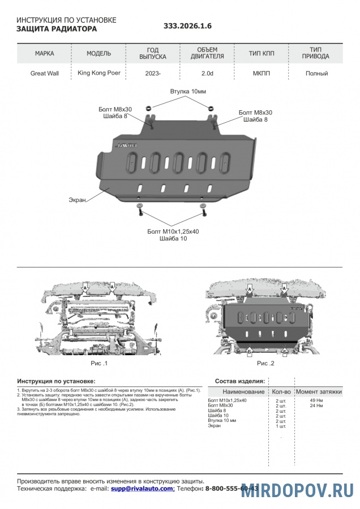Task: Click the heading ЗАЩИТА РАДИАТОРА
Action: point(57,29)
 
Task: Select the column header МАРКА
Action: point(45,54)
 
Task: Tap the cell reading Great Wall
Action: point(45,74)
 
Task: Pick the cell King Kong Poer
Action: point(98,73)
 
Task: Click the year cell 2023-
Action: point(153,74)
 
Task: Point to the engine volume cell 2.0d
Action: point(207,74)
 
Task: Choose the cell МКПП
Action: point(262,74)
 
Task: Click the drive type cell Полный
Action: point(316,74)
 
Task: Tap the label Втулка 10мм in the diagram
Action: point(188,92)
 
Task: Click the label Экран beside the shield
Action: point(78,200)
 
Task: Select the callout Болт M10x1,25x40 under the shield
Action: point(173,231)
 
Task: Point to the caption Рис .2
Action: point(265,363)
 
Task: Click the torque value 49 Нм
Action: point(316,400)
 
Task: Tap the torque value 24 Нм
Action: point(316,406)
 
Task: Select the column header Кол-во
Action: point(281,391)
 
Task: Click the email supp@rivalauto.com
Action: point(142,488)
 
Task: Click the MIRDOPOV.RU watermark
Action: point(298,490)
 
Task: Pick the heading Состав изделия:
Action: point(240,381)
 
